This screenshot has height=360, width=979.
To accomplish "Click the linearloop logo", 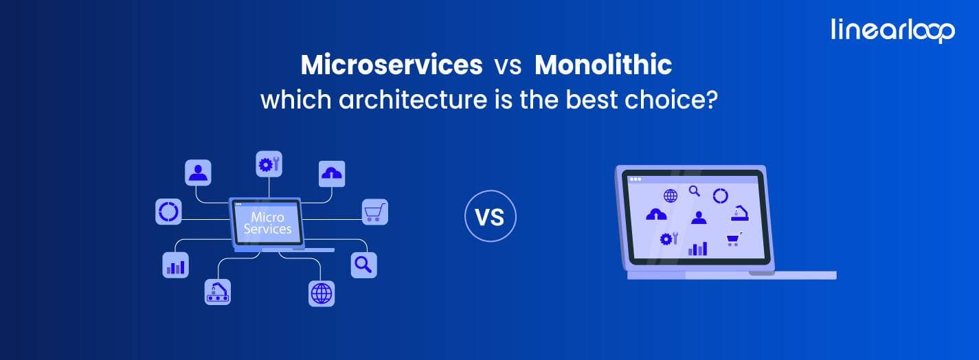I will coord(892,30).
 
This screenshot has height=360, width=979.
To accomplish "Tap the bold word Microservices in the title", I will coord(391,65).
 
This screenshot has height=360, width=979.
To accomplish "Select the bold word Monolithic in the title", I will coord(603,65).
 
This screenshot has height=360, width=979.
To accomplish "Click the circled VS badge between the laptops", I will coord(490,217).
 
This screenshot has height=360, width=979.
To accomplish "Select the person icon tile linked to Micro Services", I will coord(198,172).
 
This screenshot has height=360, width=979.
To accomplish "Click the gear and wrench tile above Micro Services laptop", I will coord(269,164).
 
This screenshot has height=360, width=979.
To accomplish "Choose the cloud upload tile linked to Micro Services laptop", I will coord(332,174).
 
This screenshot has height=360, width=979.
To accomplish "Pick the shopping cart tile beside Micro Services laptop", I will coord(375,212).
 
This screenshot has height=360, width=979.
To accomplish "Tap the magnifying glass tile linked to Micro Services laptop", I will coord(363,265).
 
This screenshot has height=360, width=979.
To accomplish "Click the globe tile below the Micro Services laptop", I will coord(321,293).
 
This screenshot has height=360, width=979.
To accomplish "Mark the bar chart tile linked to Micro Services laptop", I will coord(175,265).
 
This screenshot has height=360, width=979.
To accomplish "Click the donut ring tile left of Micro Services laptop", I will coord(168,212).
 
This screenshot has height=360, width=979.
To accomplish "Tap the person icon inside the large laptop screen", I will coord(699,218).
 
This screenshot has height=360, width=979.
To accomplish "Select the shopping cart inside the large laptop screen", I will coord(733,239).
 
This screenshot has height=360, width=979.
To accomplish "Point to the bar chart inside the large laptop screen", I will coord(697,248).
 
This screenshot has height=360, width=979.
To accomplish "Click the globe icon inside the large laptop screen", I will coord(670,196).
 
